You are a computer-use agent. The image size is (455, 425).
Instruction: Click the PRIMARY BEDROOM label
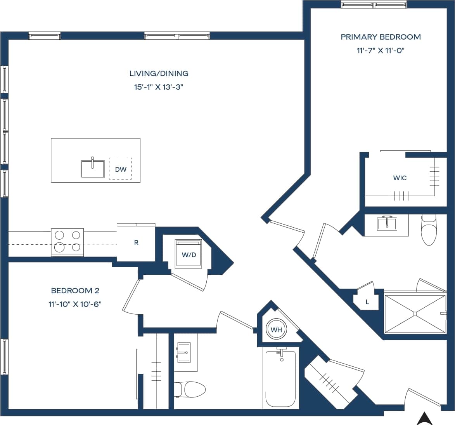pyautogui.click(x=381, y=37)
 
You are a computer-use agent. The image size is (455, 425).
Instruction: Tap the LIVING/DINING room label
pyautogui.click(x=159, y=73)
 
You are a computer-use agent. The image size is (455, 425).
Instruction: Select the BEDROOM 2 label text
pyautogui.click(x=75, y=291)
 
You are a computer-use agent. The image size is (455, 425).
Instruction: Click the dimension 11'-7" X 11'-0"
pyautogui.click(x=381, y=51)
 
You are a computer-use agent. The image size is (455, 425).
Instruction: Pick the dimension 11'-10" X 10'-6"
pyautogui.click(x=75, y=304)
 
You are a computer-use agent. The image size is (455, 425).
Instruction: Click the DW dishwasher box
pyautogui.click(x=120, y=169)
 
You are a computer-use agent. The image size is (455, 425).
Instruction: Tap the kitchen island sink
pyautogui.click(x=92, y=169)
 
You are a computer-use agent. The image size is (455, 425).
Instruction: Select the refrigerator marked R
pyautogui.click(x=136, y=242)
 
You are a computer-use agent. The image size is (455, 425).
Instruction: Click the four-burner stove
pyautogui.click(x=67, y=242)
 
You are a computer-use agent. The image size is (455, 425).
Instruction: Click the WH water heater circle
pyautogui.click(x=276, y=330)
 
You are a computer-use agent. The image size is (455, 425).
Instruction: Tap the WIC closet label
pyautogui.click(x=400, y=178)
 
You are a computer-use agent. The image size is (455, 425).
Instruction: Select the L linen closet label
pyautogui.click(x=367, y=302)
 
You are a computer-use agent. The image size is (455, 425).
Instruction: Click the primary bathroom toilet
pyautogui.click(x=429, y=231)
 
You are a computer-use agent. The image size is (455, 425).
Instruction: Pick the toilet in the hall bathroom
pyautogui.click(x=191, y=389)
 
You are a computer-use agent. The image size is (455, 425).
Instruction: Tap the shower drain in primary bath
pyautogui.click(x=415, y=314)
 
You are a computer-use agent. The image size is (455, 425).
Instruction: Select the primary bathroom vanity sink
pyautogui.click(x=386, y=224)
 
